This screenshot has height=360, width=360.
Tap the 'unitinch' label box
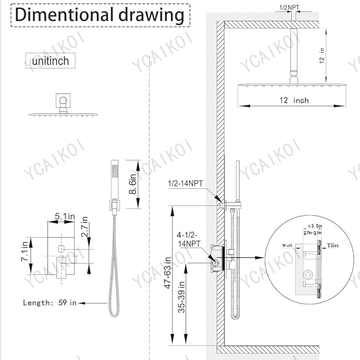(50, 61)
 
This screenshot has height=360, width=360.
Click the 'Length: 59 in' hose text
(50, 303)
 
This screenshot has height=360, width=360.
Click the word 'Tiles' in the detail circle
(332, 245)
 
